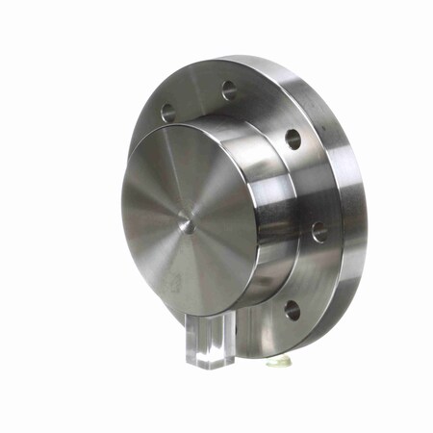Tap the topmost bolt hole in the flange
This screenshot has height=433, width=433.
230,90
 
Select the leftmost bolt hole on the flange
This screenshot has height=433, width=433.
168,113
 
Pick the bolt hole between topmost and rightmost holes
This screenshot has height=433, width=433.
293,139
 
